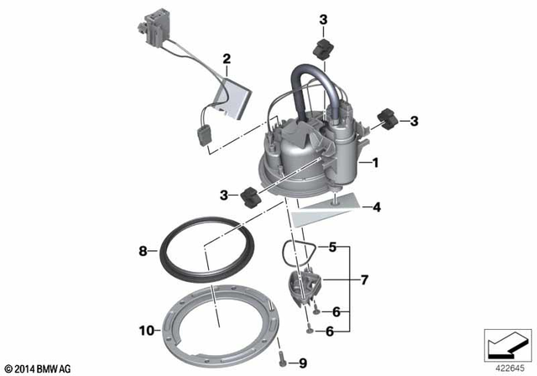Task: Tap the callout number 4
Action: pyautogui.click(x=377, y=206)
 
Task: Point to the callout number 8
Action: pyautogui.click(x=143, y=250)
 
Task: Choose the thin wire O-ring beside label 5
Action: pyautogui.click(x=295, y=248)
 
